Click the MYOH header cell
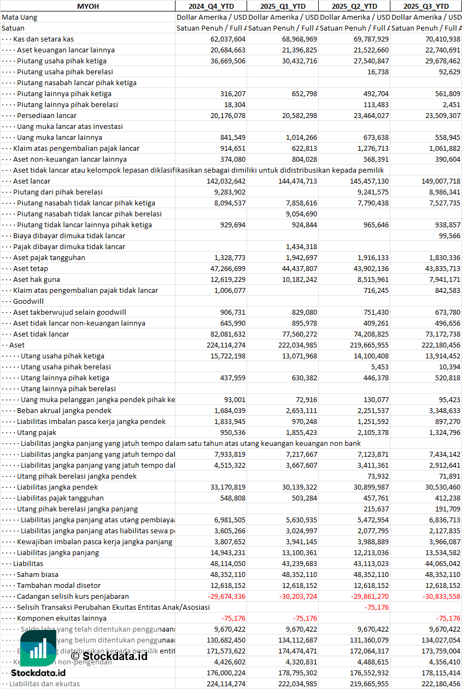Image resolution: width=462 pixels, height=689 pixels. click(87, 6)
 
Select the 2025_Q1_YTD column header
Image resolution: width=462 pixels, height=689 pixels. click(282, 6)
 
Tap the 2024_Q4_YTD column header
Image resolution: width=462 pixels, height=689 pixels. click(210, 6)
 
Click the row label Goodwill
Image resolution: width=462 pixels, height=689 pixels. click(28, 301)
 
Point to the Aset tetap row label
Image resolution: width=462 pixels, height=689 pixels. click(31, 268)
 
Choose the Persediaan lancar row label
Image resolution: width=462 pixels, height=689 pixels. click(46, 115)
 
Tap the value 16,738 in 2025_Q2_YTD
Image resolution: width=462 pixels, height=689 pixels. click(378, 72)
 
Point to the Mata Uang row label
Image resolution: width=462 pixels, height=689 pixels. click(20, 17)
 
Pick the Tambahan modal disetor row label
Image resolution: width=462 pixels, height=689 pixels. click(51, 585)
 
